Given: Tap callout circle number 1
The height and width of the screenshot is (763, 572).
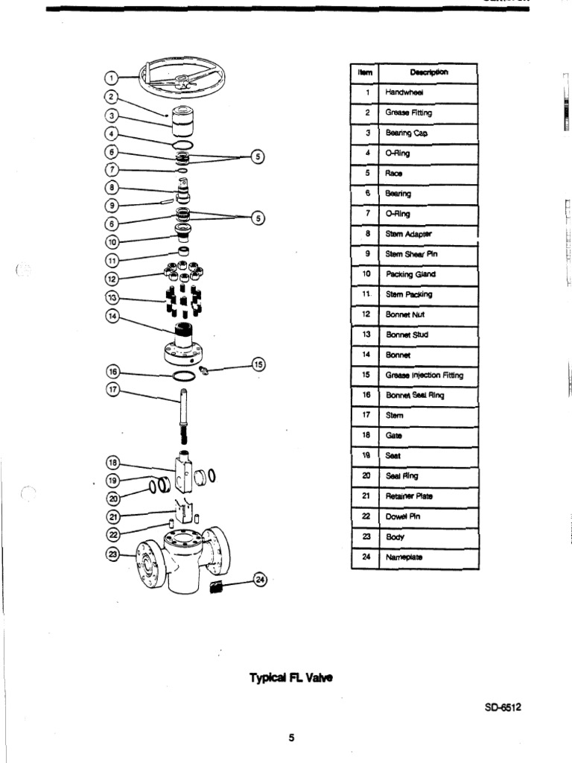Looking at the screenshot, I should (x=109, y=77).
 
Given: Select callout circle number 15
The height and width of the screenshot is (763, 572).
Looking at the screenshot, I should (x=258, y=364).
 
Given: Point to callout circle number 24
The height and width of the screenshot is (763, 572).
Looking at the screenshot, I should (x=258, y=580).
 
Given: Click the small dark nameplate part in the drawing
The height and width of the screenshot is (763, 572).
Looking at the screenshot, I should (x=217, y=587).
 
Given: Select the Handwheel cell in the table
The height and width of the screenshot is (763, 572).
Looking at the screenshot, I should (x=427, y=93).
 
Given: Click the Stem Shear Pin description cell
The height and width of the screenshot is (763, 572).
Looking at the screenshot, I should (x=427, y=254).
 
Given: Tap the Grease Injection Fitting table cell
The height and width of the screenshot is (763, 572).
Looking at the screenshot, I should (x=427, y=375).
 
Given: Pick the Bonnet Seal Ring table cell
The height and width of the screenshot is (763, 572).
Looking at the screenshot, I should (x=427, y=395).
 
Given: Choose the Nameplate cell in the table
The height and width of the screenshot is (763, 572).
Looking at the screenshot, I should (x=427, y=557).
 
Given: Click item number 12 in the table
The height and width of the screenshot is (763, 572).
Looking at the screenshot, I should (x=366, y=314).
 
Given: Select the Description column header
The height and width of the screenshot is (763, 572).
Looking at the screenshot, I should (x=427, y=73).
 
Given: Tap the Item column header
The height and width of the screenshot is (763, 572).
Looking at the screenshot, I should (x=365, y=73).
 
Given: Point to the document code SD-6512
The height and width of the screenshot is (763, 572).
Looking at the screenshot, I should (x=503, y=708).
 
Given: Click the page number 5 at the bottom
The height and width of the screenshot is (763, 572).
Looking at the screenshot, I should (x=292, y=738).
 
